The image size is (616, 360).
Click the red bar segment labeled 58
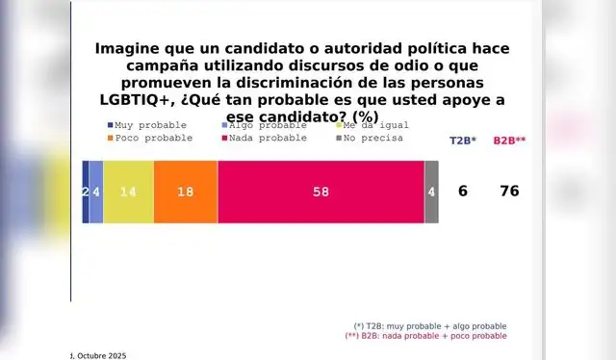pos(321,192)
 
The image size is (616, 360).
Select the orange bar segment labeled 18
pos(185,192)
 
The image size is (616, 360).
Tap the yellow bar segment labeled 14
pos(128,192)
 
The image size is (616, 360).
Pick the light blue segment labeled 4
pos(96,192)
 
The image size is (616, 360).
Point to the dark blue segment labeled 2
pos(86,192)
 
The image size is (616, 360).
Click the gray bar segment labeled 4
pos(431,192)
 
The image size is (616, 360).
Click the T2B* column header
pos(463,141)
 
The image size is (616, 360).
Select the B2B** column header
pos(509,141)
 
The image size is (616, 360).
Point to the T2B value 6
pos(463,192)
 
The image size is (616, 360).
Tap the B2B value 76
pos(509,192)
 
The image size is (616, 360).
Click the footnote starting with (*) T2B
pos(430,326)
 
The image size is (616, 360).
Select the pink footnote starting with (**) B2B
pos(425,337)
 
